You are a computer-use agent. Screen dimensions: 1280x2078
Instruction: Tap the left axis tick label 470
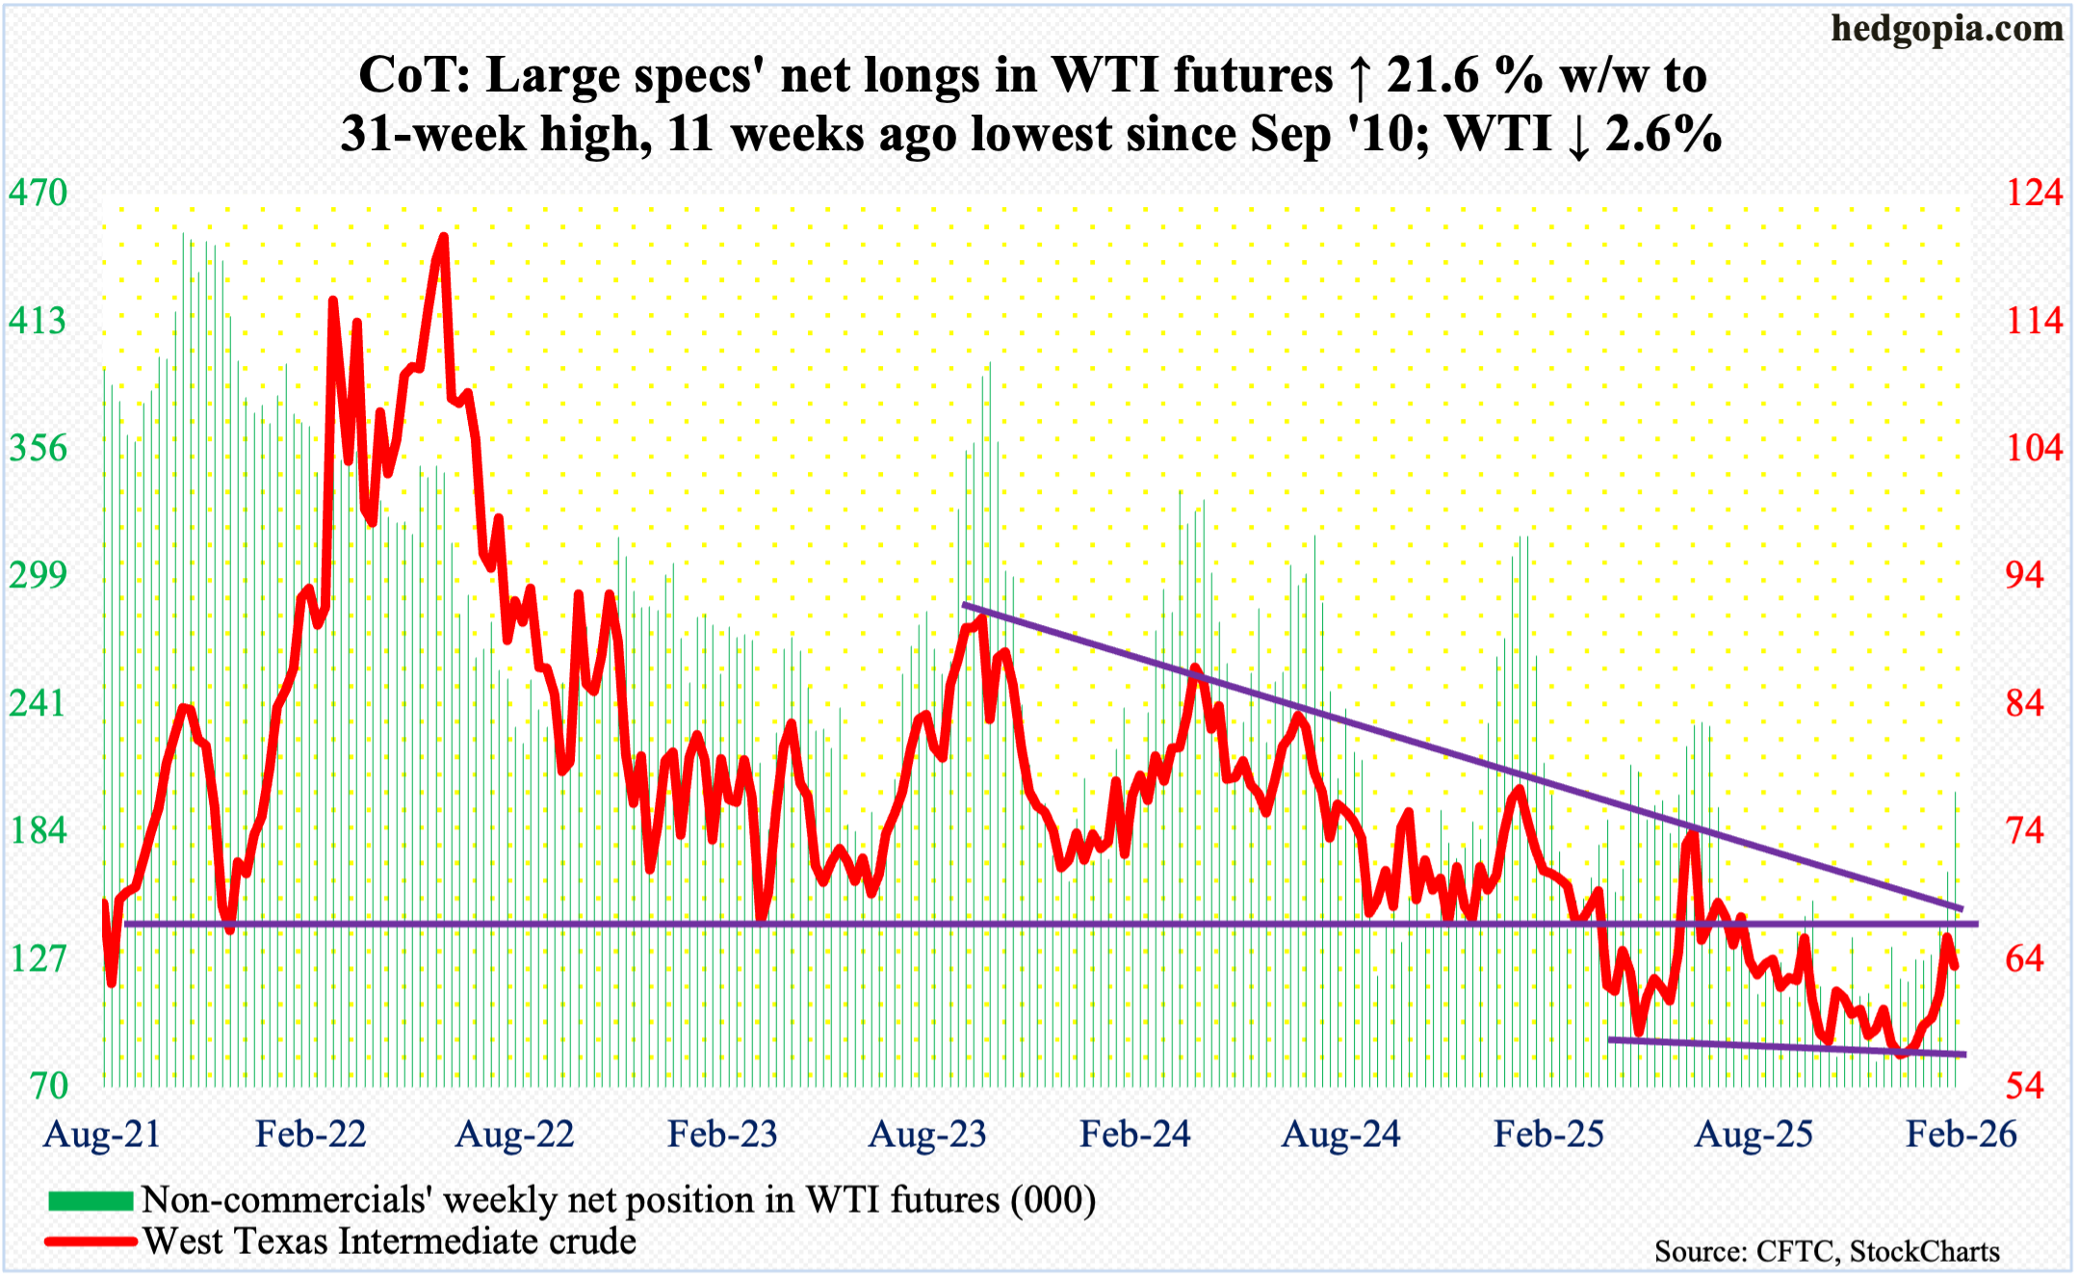point(39,193)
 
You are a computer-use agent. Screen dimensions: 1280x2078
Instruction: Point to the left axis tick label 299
point(39,575)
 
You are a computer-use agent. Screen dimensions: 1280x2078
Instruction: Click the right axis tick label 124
point(2034,193)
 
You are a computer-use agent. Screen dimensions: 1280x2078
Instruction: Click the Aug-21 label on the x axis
point(102,1134)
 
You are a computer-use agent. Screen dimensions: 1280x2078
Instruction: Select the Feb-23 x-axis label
point(722,1134)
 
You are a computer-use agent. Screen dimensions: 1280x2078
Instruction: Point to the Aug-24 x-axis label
point(1340,1134)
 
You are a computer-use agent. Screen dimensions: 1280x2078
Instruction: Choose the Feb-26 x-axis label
point(1961,1134)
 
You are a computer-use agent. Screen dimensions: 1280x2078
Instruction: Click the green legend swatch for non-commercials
point(91,1200)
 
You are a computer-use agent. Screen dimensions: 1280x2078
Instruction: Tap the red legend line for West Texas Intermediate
point(91,1241)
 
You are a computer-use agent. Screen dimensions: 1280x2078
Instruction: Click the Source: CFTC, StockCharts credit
point(1827,1251)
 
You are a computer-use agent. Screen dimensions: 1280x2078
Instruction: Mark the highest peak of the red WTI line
point(442,236)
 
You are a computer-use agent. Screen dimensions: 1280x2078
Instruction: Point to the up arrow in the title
point(1359,77)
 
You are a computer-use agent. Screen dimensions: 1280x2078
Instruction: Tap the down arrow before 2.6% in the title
point(1578,135)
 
